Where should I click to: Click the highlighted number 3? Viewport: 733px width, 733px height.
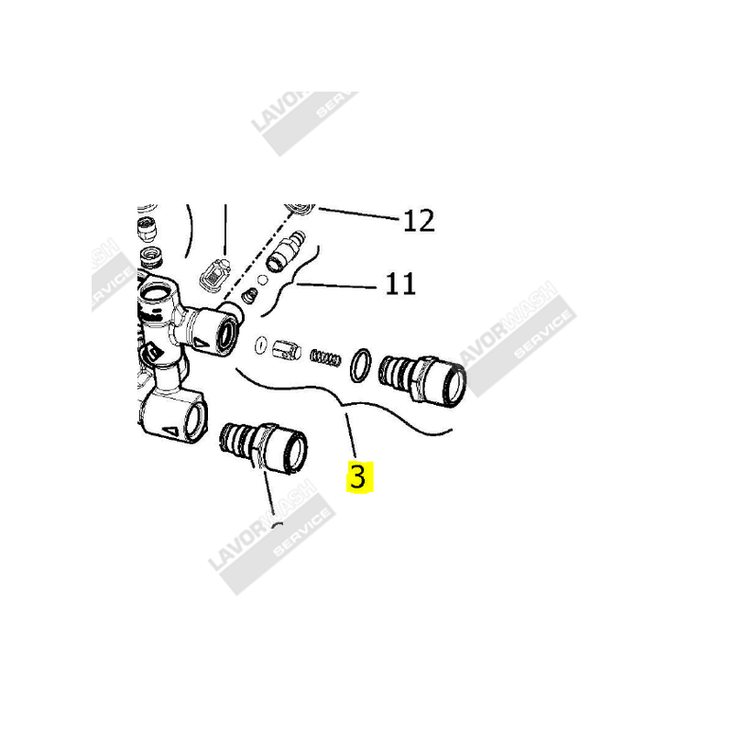coord(357,476)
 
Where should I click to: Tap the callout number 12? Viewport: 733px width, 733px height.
coord(418,221)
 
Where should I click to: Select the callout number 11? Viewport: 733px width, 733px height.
coord(399,284)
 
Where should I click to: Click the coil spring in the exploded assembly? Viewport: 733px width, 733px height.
coord(325,356)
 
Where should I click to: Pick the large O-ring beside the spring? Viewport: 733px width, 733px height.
coord(361,364)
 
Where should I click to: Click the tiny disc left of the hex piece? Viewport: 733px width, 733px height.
coord(260,345)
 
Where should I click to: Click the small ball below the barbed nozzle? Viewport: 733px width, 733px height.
coord(262,279)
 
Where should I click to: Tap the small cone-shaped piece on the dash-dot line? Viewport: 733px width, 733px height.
coord(248,295)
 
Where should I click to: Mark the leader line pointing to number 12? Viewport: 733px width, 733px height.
coord(357,215)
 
